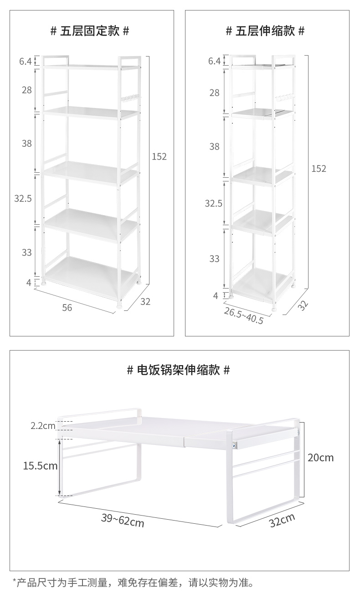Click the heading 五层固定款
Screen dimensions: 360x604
[x=90, y=31]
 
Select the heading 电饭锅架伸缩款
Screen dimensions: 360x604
[x=178, y=370]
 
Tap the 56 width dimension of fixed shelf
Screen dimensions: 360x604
[x=67, y=308]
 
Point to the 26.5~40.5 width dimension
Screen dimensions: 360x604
[x=243, y=315]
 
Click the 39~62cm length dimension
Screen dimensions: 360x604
[x=123, y=520]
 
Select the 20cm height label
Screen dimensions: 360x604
[x=320, y=457]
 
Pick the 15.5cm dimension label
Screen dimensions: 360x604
[x=41, y=465]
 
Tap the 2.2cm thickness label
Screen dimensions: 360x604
[x=43, y=426]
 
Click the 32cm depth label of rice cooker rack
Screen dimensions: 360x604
[x=282, y=520]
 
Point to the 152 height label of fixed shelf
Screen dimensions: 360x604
[x=159, y=156]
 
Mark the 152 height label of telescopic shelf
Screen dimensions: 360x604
[x=319, y=169]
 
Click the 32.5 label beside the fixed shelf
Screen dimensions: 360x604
[x=23, y=198]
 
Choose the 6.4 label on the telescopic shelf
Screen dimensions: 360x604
[x=214, y=61]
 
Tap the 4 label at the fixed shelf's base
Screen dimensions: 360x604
[x=29, y=283]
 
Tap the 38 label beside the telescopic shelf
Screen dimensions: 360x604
[x=214, y=146]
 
